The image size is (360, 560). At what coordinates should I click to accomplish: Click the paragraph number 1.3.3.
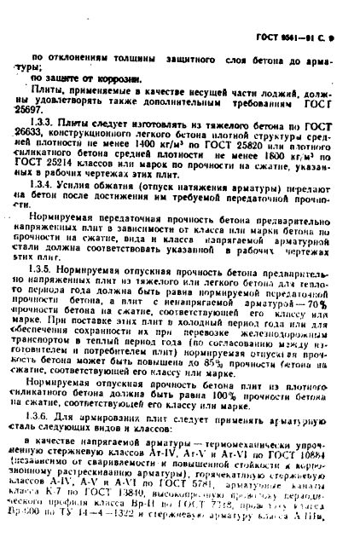coord(39,123)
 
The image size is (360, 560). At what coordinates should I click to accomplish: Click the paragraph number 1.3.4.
coord(39,183)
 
